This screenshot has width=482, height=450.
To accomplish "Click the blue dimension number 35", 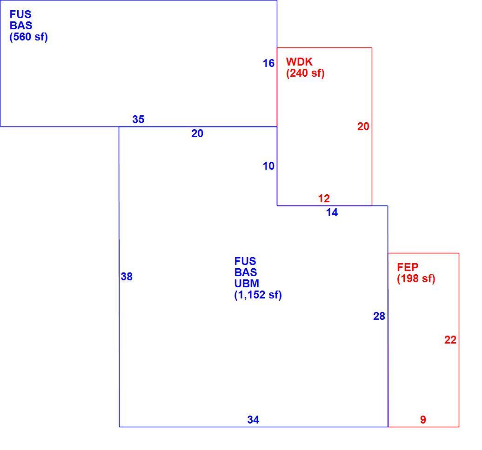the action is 138,119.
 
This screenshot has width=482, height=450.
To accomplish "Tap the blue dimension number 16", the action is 268,63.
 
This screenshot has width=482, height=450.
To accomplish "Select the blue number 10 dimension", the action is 268,166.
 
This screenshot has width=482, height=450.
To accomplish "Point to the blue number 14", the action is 332,212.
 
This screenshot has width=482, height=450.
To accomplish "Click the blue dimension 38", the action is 127,277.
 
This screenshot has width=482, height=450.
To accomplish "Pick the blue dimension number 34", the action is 253,420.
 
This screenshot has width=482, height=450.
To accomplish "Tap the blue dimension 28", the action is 379,316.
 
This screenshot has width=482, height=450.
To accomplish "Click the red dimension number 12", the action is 324,199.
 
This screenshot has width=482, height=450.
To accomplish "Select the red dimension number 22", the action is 450,340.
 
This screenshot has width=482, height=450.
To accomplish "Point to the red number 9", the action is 423,420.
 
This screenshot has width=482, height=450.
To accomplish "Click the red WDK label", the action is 299,62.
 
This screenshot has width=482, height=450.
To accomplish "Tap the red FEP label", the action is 408,267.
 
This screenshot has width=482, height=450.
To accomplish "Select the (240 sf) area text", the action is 305,73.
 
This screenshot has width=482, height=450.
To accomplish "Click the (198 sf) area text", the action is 416,278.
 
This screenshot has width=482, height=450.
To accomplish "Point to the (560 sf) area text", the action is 28,37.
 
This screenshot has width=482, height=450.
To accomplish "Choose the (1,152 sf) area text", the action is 258,295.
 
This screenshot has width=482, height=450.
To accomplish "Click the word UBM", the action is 247,283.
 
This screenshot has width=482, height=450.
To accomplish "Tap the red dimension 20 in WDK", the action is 363,126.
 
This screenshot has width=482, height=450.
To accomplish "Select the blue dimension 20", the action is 197,133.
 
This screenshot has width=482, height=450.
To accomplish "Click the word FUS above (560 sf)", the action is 20,14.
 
